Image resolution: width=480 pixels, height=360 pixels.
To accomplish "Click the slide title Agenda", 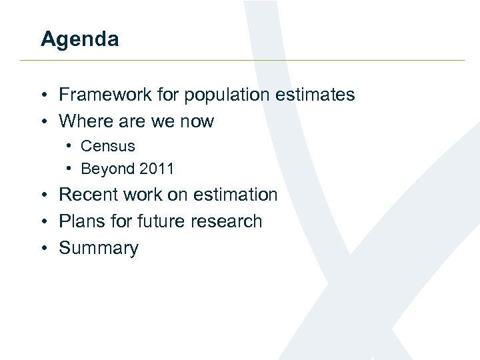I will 79,39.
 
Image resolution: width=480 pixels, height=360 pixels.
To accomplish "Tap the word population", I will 216,95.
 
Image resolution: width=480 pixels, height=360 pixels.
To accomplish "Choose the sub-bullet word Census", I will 107,146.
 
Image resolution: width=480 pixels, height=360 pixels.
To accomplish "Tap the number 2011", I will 157,169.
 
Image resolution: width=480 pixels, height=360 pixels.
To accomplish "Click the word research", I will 227,221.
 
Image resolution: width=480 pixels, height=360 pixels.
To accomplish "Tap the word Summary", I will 99,249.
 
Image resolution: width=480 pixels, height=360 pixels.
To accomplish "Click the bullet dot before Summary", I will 43,249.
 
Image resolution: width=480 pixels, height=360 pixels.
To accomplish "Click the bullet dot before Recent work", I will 43,195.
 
